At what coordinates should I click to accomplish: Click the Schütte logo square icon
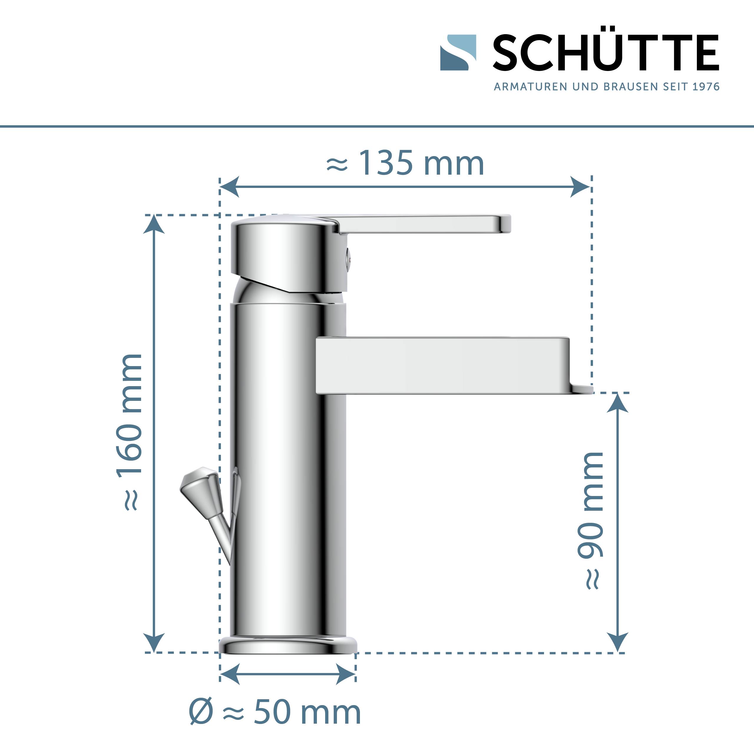[458, 53]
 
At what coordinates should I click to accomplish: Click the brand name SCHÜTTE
[605, 53]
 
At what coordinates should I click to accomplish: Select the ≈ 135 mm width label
[405, 163]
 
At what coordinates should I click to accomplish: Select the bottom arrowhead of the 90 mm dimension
[618, 642]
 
